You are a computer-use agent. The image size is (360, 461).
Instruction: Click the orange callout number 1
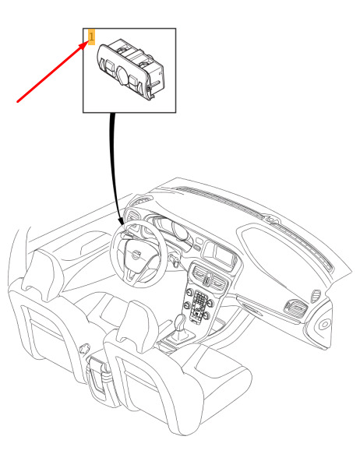(91, 37)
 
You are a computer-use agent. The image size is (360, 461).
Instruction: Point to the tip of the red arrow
(88, 40)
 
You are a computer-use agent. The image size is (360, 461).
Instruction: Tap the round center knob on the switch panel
(122, 75)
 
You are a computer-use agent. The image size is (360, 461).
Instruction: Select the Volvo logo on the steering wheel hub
(136, 254)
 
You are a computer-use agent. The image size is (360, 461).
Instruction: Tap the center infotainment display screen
(223, 255)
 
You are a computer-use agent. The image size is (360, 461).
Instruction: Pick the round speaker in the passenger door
(324, 325)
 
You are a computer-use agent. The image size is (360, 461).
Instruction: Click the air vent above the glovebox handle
(296, 308)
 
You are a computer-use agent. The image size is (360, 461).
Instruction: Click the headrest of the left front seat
(44, 275)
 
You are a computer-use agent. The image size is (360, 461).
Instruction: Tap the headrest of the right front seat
(138, 326)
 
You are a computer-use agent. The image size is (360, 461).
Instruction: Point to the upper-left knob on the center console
(189, 293)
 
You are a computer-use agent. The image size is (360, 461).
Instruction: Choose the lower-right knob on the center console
(206, 316)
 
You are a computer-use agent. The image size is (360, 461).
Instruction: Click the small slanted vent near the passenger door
(316, 297)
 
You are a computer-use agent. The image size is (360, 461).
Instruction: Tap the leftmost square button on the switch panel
(111, 67)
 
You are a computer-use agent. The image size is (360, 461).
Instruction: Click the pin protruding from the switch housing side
(156, 84)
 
